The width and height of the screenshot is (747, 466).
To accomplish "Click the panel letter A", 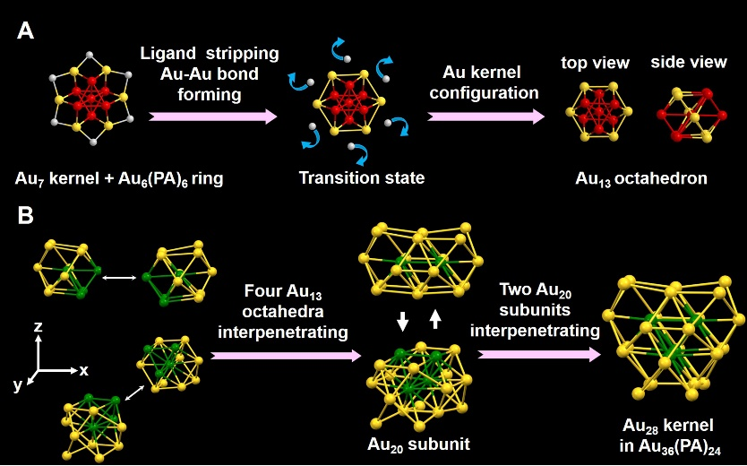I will coord(26,32).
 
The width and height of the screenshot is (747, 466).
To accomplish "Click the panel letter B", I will coord(26,216).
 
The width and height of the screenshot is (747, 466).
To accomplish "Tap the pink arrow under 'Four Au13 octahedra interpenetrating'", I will coord(279,356).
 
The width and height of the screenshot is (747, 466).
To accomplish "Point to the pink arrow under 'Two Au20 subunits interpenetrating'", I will coord(537,356).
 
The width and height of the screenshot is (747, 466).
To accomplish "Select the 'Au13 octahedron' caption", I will coord(642,178).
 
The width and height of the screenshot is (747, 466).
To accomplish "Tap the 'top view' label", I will coord(595,63).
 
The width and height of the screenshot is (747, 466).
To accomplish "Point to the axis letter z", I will coord(38,329).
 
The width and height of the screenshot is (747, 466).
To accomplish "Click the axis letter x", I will coord(83,369).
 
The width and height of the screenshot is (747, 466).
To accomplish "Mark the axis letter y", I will coord(16,386).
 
